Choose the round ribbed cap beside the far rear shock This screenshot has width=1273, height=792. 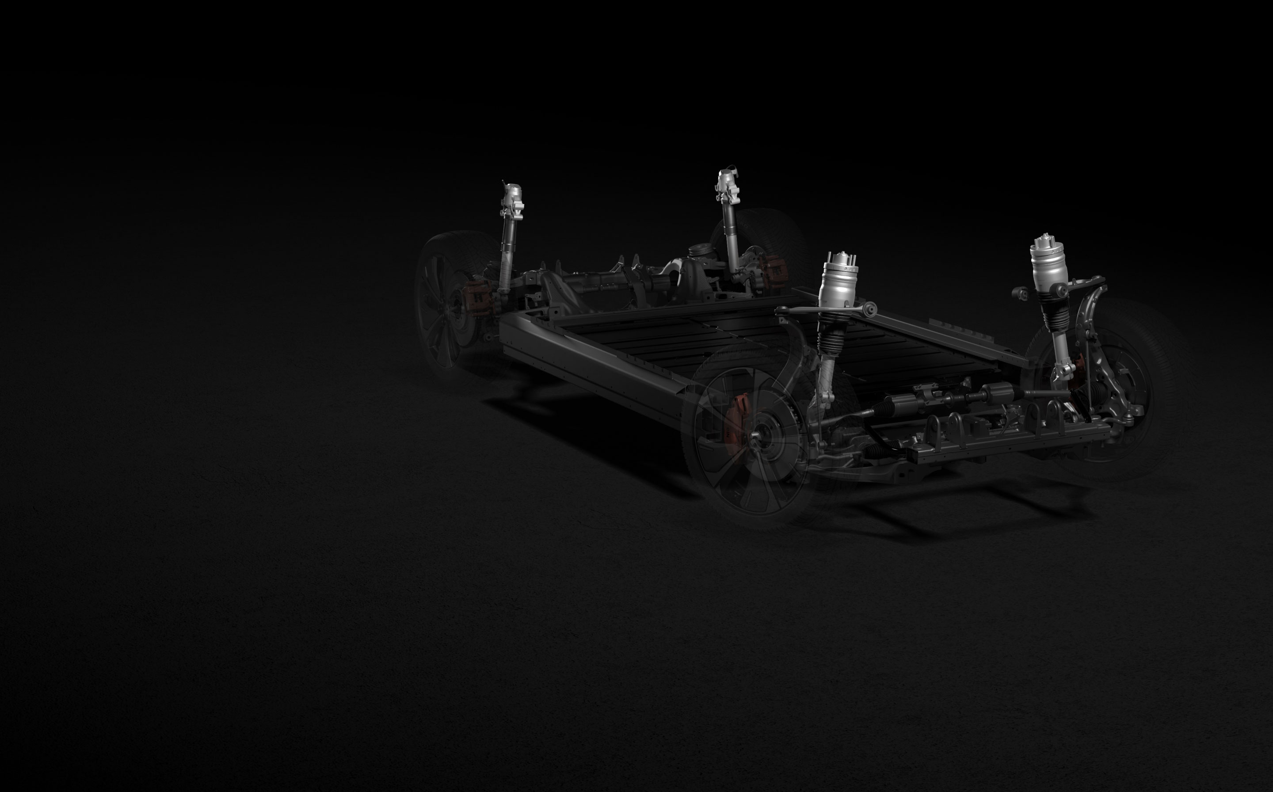coord(698,251)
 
